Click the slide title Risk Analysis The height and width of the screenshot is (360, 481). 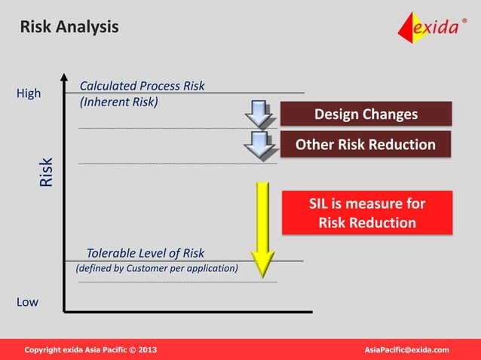tap(69, 27)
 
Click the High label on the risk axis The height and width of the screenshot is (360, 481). tap(29, 94)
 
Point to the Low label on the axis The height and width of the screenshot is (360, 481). tap(27, 302)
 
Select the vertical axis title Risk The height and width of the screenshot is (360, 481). tap(47, 172)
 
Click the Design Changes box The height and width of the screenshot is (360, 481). tap(366, 114)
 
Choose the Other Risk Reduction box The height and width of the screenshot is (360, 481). tap(366, 144)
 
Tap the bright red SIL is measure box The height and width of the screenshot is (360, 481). tap(367, 213)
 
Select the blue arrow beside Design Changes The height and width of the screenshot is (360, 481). tap(259, 114)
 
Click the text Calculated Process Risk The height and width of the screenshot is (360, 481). tap(142, 86)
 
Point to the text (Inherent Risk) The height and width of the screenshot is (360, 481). tap(119, 102)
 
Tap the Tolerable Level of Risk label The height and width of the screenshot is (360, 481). tap(145, 253)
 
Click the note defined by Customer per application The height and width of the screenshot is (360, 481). tap(157, 268)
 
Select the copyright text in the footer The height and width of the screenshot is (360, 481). tap(91, 350)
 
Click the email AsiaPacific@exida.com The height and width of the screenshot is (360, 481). tap(406, 350)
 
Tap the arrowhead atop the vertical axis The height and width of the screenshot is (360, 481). tap(64, 77)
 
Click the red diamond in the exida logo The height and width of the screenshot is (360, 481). tap(411, 28)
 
